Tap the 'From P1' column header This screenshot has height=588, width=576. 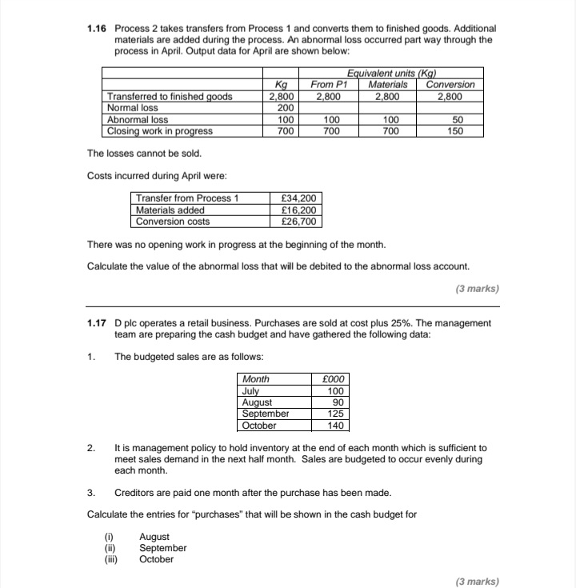pyautogui.click(x=329, y=85)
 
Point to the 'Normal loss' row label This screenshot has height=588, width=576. pyautogui.click(x=133, y=107)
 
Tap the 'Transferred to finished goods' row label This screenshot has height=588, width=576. pyautogui.click(x=170, y=96)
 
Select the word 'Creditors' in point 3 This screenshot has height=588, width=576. pyautogui.click(x=135, y=492)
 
